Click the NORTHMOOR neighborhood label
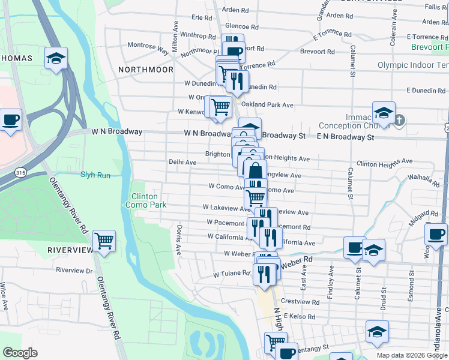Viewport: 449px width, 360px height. [x=145, y=70]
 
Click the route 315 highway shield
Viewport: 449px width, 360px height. [x=20, y=172]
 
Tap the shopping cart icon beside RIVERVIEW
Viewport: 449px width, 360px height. [x=104, y=241]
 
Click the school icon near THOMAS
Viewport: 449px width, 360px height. [x=56, y=58]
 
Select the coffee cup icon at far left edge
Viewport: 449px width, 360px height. [x=10, y=120]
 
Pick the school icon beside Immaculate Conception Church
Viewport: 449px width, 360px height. [x=383, y=112]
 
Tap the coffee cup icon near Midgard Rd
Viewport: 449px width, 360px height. [x=436, y=233]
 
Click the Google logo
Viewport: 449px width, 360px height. [x=20, y=353]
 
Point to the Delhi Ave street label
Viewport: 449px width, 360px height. [x=182, y=162]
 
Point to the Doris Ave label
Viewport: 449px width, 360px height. [x=179, y=240]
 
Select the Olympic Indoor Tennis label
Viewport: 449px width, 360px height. [x=413, y=65]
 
